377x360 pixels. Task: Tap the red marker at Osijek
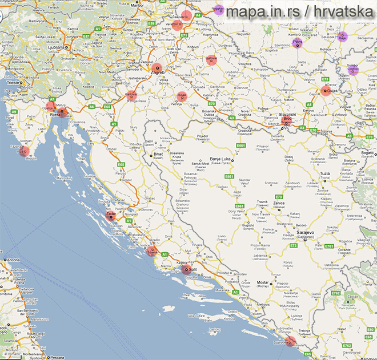click(326, 90)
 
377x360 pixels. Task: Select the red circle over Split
click(189, 269)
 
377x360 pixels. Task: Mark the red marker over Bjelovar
click(211, 60)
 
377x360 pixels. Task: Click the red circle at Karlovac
click(131, 95)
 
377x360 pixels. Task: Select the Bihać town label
click(161, 155)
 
